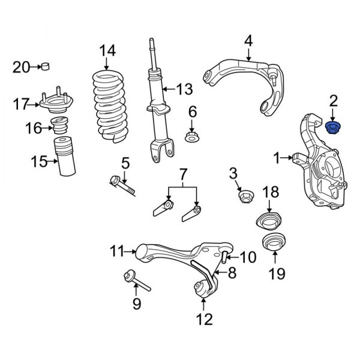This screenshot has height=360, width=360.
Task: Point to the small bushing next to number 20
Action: click(x=46, y=67)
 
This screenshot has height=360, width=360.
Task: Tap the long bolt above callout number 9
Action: click(x=137, y=281)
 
